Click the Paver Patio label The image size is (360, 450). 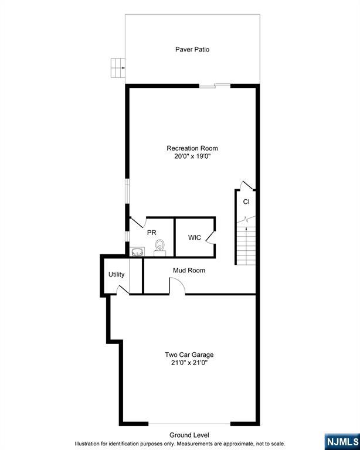[192, 49]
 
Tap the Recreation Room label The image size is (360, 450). [192, 148]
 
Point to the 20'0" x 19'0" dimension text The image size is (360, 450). [192, 156]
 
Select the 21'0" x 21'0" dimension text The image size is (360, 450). [189, 363]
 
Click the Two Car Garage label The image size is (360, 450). [189, 354]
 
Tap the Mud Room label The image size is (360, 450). [189, 270]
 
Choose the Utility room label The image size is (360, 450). [116, 274]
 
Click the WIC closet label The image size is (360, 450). [195, 237]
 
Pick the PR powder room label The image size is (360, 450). [151, 232]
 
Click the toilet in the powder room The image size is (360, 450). [159, 247]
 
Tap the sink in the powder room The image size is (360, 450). [138, 252]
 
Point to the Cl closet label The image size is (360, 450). [246, 202]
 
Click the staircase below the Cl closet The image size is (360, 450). [246, 243]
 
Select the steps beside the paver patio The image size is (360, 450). [118, 67]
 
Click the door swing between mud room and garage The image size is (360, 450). [178, 286]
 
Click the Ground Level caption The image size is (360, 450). [189, 435]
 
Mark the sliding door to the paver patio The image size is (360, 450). [214, 86]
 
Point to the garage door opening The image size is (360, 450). [189, 424]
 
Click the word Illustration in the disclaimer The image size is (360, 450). [90, 444]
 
